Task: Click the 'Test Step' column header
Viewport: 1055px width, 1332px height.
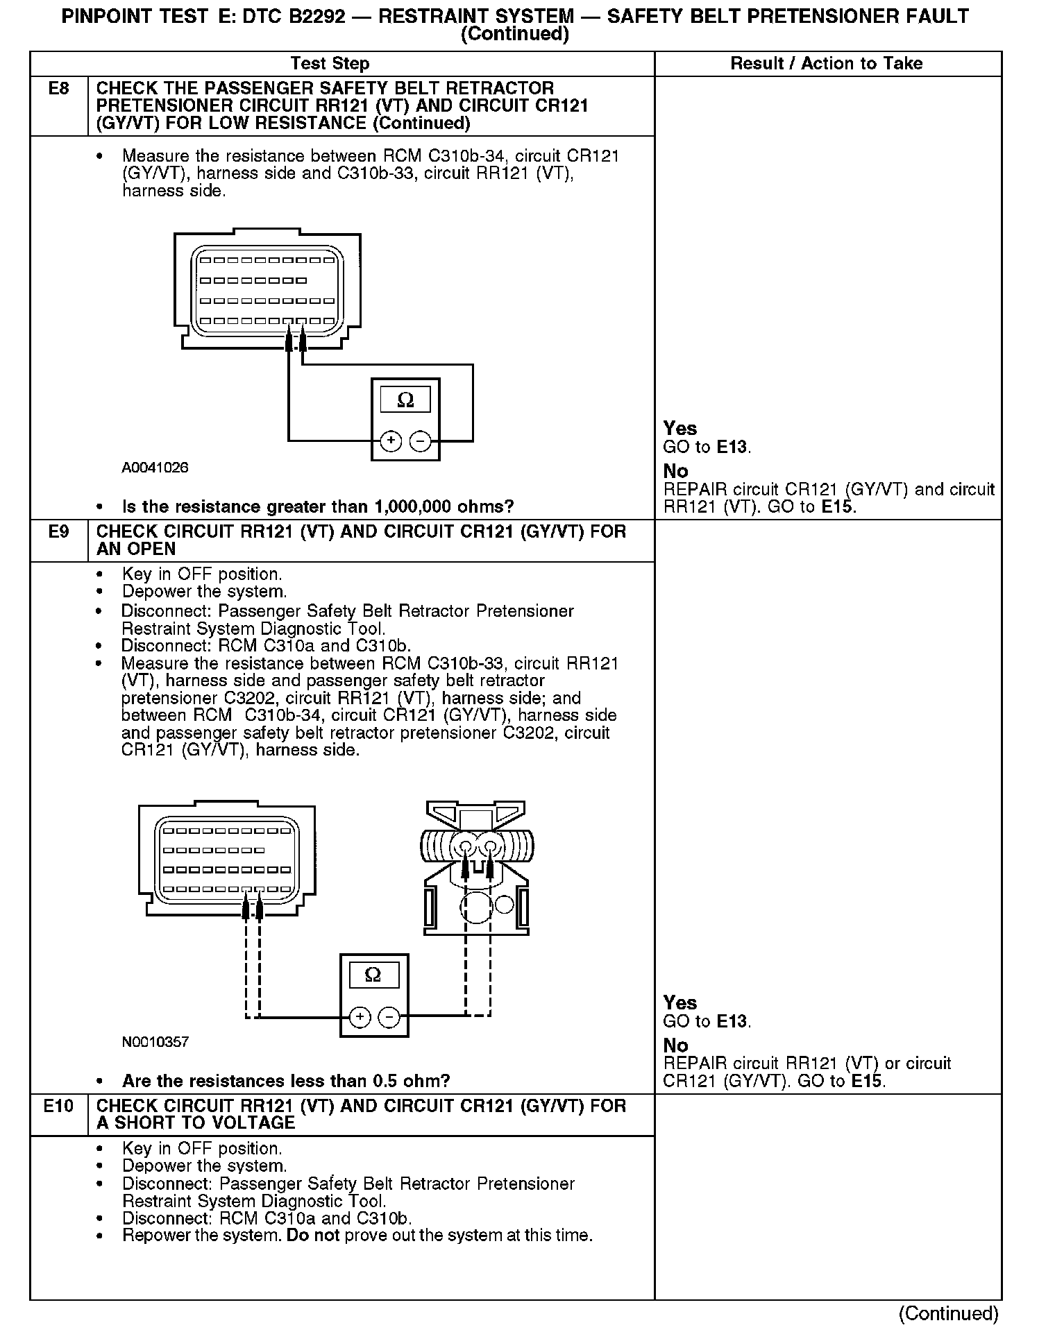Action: tap(330, 64)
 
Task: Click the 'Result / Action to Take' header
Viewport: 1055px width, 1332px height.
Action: tap(826, 64)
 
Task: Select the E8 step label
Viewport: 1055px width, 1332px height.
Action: tap(58, 89)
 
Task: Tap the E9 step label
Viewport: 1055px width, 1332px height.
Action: tap(58, 532)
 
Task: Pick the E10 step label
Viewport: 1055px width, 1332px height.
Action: tap(58, 1106)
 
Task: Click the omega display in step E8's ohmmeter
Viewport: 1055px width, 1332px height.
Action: tap(405, 400)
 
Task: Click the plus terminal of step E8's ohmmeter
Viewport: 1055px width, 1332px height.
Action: tap(391, 441)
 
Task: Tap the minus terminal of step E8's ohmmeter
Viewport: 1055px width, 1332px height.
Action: tap(420, 441)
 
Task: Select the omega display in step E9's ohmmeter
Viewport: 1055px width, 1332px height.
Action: tap(373, 975)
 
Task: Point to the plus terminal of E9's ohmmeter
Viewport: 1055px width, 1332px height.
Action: tap(360, 1017)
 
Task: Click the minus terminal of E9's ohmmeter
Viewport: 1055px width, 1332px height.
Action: tap(389, 1017)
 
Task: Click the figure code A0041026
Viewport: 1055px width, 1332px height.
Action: tap(155, 468)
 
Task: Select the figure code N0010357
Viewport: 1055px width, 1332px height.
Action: tap(155, 1042)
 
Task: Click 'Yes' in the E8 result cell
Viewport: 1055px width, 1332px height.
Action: tap(680, 428)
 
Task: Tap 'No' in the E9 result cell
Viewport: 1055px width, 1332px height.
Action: tap(675, 1045)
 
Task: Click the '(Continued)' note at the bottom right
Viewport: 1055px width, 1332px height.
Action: tap(948, 1313)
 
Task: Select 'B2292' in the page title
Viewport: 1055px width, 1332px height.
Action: tap(313, 17)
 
